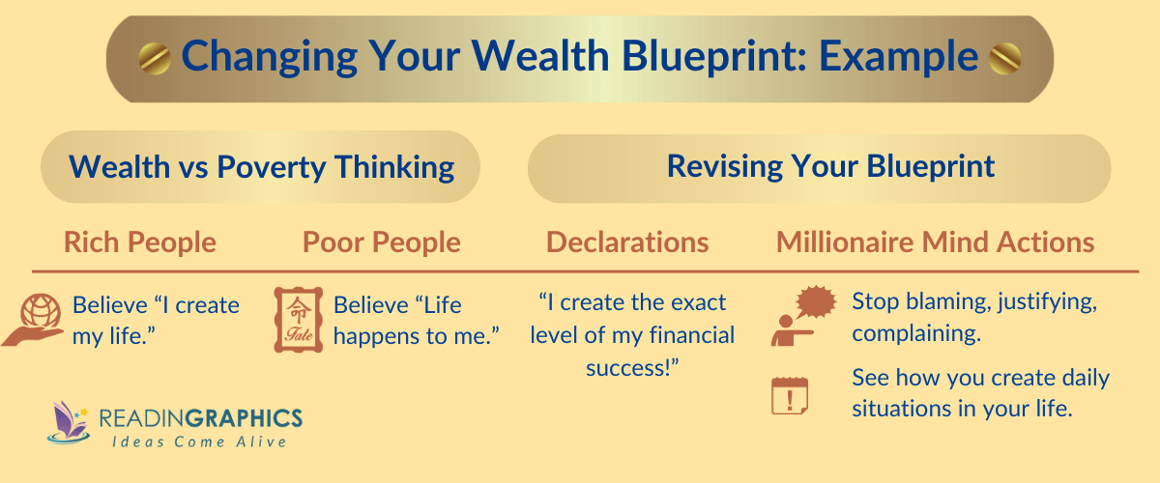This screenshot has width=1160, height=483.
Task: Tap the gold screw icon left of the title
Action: click(x=154, y=59)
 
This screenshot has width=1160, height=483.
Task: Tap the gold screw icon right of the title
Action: click(x=1005, y=59)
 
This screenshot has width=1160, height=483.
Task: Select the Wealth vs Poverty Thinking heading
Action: click(x=261, y=167)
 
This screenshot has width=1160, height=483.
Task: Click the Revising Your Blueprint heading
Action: click(x=830, y=166)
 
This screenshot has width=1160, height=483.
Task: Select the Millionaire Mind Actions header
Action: click(x=935, y=241)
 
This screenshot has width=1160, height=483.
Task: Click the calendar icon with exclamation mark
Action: click(x=790, y=395)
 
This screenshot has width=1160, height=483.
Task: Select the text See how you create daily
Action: click(x=980, y=378)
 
